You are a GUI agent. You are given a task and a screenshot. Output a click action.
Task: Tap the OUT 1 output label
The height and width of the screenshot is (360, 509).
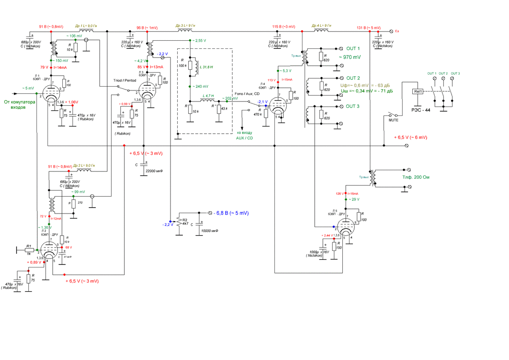pyautogui.click(x=353, y=48)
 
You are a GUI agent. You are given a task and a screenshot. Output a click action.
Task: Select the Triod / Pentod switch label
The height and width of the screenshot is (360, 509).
pyautogui.click(x=125, y=80)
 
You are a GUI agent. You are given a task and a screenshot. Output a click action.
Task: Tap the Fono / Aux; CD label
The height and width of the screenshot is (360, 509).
pyautogui.click(x=247, y=94)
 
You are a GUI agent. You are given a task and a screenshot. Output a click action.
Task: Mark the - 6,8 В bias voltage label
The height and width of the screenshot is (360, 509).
pyautogui.click(x=231, y=212)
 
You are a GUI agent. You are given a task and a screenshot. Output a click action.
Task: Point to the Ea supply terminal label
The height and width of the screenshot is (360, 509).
pyautogui.click(x=397, y=31)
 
